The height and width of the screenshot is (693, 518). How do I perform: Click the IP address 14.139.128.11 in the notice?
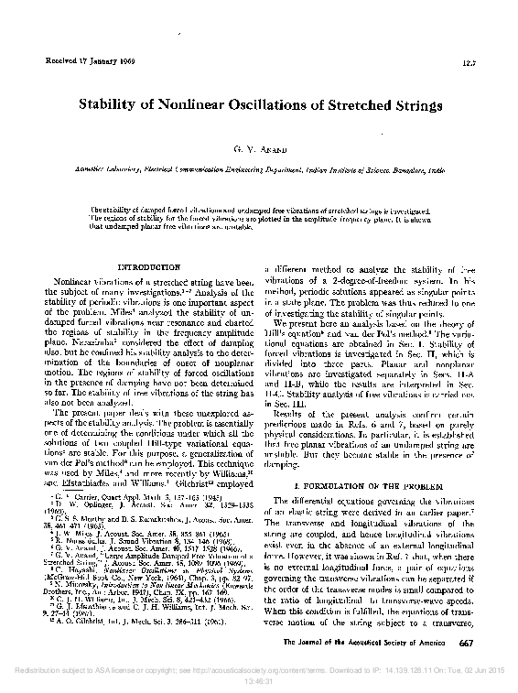399,672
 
